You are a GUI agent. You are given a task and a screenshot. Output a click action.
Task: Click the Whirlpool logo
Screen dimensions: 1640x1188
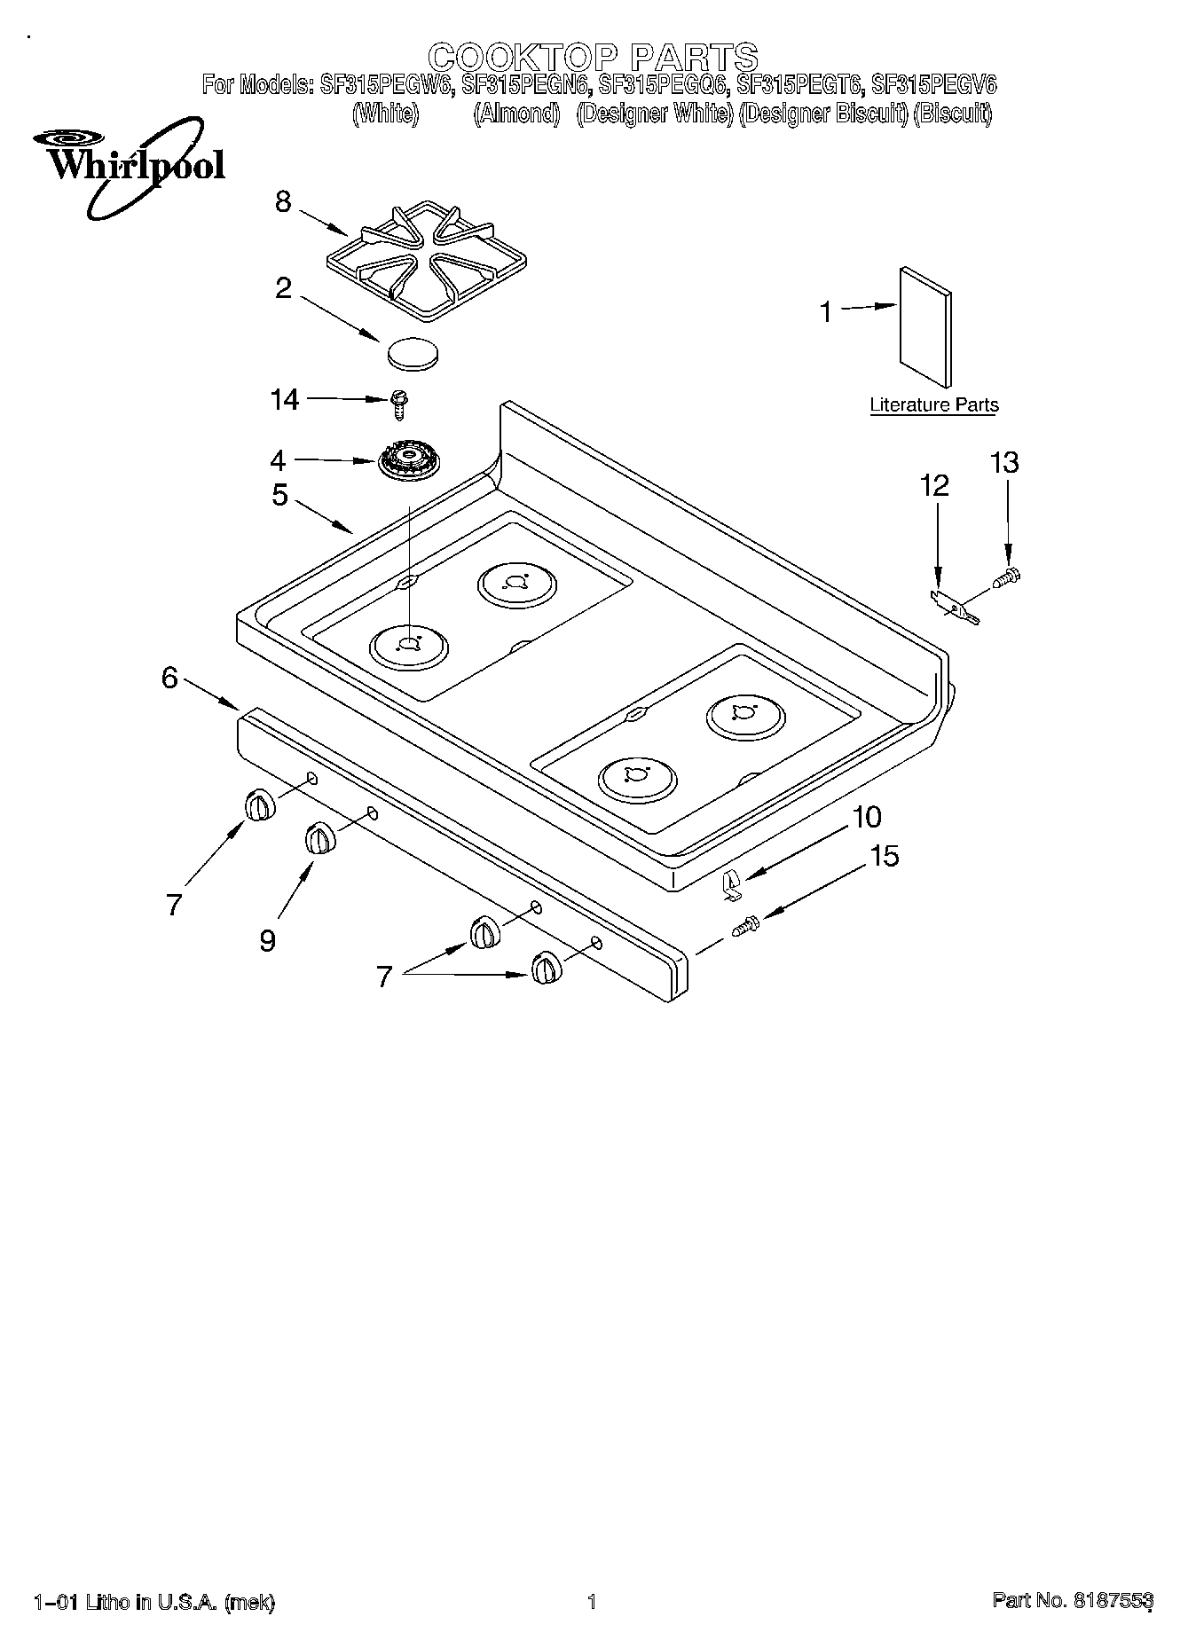130,165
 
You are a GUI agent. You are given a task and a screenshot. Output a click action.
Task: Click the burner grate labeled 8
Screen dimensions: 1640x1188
427,256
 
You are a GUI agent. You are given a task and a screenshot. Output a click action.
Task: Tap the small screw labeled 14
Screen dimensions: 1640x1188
397,405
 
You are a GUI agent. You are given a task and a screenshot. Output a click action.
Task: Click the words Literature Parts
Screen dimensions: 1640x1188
933,405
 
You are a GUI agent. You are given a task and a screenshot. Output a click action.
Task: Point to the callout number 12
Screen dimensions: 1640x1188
934,485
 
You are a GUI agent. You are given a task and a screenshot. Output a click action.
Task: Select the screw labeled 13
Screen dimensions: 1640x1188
1007,577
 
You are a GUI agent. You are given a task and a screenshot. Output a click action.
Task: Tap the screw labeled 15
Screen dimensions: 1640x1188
743,925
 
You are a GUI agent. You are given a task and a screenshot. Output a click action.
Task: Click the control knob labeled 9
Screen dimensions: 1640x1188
319,838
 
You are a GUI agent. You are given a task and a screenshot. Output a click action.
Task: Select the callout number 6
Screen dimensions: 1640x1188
169,678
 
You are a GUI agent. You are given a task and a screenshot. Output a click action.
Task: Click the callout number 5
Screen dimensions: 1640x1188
279,495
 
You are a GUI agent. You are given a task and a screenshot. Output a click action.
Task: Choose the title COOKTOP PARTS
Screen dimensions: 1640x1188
593,57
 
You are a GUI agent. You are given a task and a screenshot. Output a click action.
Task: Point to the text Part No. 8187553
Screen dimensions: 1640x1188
1072,1601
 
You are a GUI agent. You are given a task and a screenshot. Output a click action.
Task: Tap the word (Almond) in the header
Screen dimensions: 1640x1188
516,114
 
